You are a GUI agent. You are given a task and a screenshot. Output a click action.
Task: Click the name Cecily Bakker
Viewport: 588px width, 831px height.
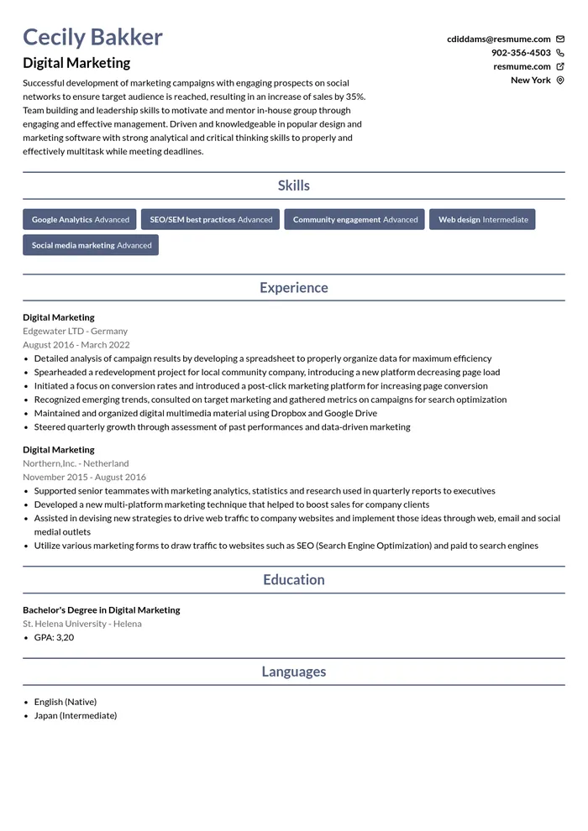[92, 37]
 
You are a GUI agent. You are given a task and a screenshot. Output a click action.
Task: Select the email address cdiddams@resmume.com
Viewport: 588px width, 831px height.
[498, 39]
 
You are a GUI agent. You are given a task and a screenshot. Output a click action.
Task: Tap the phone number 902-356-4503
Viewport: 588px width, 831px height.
[521, 53]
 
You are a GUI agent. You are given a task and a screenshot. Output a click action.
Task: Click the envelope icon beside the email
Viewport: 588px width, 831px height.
[560, 39]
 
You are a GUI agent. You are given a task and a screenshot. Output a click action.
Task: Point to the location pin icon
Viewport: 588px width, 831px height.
[560, 81]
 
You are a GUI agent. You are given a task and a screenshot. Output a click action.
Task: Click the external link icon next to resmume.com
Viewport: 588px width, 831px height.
[560, 66]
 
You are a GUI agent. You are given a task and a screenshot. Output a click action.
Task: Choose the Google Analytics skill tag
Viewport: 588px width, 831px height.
[80, 220]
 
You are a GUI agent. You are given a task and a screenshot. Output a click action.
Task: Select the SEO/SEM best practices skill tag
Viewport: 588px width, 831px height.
[211, 220]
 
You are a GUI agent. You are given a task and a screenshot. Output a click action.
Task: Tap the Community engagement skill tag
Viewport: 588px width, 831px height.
[354, 220]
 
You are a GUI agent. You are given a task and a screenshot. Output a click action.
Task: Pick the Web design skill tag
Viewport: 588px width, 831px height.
[482, 220]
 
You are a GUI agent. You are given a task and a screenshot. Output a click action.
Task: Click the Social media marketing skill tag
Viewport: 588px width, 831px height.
[91, 245]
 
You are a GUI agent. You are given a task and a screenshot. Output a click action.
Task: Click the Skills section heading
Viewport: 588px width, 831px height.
[294, 186]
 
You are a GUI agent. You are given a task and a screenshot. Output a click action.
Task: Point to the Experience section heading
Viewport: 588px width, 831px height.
[294, 288]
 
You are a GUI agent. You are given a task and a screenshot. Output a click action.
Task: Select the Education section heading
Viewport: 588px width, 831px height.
[294, 580]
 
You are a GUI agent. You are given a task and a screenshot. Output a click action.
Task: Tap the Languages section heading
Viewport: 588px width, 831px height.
[294, 672]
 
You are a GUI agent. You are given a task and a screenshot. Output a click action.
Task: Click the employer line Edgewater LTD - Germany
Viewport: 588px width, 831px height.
[76, 331]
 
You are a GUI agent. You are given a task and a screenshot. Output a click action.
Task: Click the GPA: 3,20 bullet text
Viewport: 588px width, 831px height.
[54, 637]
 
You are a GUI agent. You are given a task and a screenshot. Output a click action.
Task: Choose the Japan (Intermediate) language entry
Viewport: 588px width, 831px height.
[76, 715]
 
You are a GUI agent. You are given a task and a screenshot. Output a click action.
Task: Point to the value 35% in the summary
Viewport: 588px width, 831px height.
[355, 97]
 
